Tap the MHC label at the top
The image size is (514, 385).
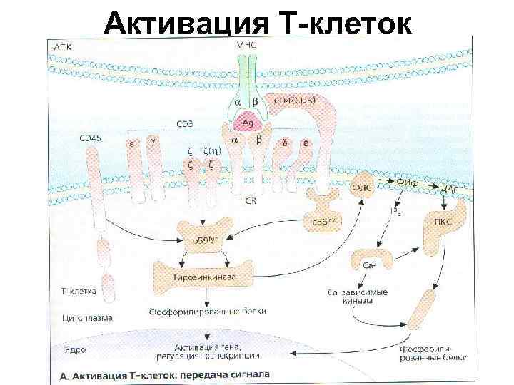[x=246, y=45]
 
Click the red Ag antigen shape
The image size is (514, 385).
[x=248, y=122]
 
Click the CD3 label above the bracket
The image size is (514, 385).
[x=184, y=123]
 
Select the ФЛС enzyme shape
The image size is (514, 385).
[x=363, y=187]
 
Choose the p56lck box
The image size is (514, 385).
[x=324, y=221]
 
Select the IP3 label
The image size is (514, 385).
[x=395, y=212]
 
